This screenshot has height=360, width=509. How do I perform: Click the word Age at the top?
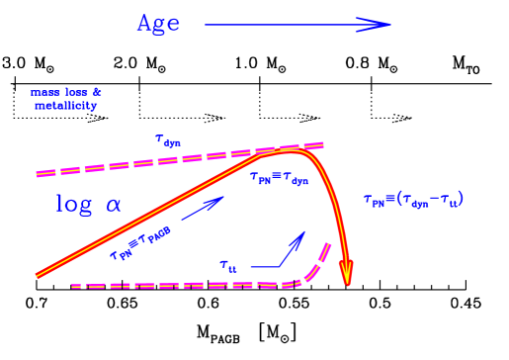158,24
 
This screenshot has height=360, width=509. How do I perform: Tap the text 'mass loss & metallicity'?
66,99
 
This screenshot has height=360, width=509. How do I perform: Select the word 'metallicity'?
66,106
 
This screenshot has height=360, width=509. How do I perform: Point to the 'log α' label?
88,205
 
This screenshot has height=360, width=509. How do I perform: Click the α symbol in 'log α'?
114,206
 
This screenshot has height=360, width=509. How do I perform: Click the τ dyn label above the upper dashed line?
167,140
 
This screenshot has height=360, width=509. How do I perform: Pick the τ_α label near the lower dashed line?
228,265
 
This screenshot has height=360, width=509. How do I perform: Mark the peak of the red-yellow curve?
289,151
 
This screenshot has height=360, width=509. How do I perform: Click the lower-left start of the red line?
40,274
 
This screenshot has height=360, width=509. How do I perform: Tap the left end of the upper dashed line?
39,174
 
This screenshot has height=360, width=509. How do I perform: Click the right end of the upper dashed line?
321,145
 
